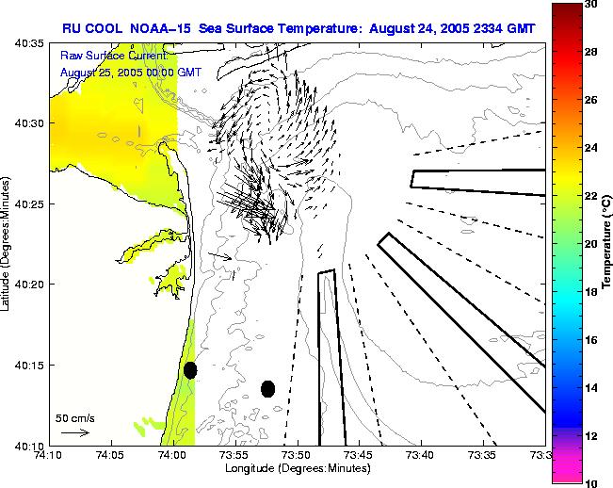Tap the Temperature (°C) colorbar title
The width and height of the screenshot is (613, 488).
(608, 243)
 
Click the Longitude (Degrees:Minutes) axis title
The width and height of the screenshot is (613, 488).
(298, 468)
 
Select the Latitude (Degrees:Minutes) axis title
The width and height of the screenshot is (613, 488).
(8, 243)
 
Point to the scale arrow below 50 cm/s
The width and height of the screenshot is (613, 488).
(74, 432)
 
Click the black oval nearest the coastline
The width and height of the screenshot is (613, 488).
(190, 370)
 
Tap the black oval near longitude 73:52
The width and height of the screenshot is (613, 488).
(267, 388)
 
